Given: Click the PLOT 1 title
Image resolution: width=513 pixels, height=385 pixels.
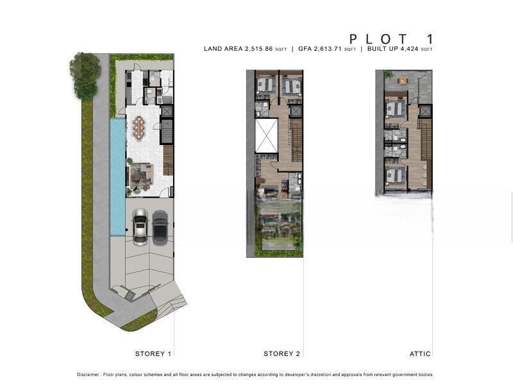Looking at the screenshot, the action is [x=391, y=39].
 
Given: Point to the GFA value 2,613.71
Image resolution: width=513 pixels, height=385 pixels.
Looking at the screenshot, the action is [x=328, y=49].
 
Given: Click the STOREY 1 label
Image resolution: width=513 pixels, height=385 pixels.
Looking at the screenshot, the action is [x=153, y=354].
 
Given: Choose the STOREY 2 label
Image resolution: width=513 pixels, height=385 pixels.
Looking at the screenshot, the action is [x=282, y=354].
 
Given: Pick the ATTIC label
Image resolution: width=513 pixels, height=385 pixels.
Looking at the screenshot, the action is [x=420, y=354].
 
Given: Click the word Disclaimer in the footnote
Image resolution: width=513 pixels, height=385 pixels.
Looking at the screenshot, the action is [x=88, y=375].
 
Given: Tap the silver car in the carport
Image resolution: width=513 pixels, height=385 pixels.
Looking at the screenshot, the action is [x=140, y=227].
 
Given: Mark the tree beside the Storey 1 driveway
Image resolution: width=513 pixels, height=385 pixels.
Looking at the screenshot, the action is [x=85, y=75].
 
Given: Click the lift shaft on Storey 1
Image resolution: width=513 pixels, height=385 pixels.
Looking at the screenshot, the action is [x=167, y=111].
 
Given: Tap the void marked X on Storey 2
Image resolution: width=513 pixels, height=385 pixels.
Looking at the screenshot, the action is [x=266, y=135].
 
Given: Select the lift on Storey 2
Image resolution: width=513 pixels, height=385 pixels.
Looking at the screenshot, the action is [x=295, y=111].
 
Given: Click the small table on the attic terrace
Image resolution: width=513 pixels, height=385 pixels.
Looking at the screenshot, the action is [x=403, y=81].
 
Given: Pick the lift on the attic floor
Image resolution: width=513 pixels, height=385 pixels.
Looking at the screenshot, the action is [x=425, y=111].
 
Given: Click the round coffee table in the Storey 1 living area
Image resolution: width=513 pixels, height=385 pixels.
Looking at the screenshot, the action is [x=135, y=177].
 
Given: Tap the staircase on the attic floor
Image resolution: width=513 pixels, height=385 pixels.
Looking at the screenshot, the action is [x=426, y=139].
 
